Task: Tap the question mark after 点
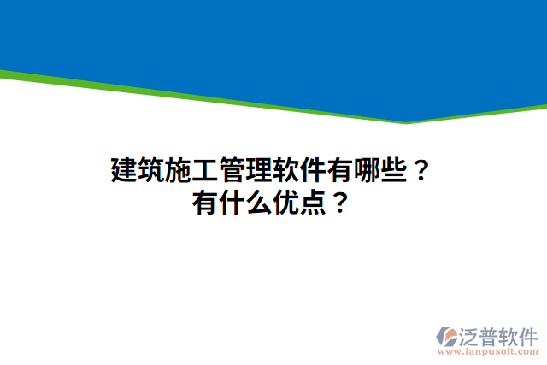click(x=338, y=203)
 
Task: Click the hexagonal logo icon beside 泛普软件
click(x=447, y=336)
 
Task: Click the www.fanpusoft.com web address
click(x=487, y=351)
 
